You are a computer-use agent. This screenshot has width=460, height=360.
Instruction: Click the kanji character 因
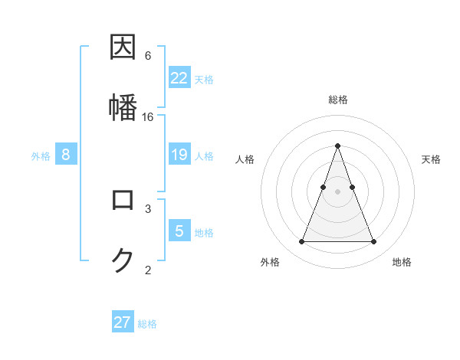pyautogui.click(x=123, y=47)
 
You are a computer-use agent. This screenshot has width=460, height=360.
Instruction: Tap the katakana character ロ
pyautogui.click(x=123, y=200)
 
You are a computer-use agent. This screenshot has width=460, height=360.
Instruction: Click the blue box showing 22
pyautogui.click(x=179, y=78)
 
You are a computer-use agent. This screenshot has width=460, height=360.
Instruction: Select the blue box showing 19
pyautogui.click(x=179, y=155)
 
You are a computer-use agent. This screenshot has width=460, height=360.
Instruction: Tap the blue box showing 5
pyautogui.click(x=179, y=231)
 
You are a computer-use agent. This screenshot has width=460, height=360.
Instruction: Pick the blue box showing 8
pyautogui.click(x=66, y=155)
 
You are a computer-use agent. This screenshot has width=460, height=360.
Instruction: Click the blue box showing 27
pyautogui.click(x=123, y=322)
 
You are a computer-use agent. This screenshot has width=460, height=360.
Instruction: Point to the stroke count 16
pyautogui.click(x=148, y=116)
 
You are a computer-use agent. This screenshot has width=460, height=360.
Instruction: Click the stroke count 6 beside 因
pyautogui.click(x=148, y=55)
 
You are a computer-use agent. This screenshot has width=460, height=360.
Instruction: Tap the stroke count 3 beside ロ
pyautogui.click(x=148, y=208)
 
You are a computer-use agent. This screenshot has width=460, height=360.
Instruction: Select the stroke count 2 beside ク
pyautogui.click(x=148, y=270)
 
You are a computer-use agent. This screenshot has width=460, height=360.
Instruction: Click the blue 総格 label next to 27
pyautogui.click(x=147, y=324)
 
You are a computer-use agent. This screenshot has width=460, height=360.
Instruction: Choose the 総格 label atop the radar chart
pyautogui.click(x=337, y=100)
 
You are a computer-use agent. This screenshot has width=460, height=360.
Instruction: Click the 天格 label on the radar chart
pyautogui.click(x=432, y=159)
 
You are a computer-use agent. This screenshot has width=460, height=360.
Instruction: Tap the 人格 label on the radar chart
pyautogui.click(x=245, y=159)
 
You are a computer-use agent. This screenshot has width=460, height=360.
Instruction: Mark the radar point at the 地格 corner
pyautogui.click(x=373, y=242)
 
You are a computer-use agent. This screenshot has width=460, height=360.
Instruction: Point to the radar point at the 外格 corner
pyautogui.click(x=301, y=242)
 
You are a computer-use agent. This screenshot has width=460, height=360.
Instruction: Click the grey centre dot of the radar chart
pyautogui.click(x=337, y=191)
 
